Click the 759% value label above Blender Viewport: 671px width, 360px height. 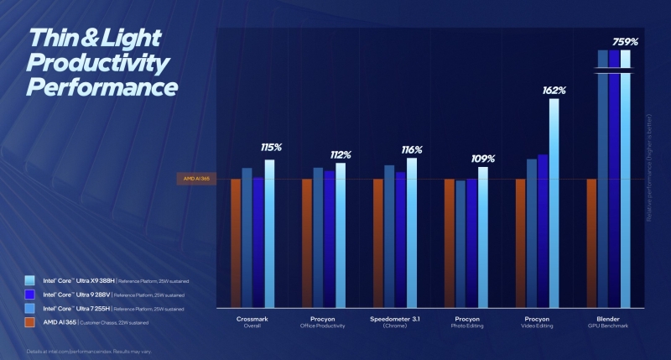pos(625,40)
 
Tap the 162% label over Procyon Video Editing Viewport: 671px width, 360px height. pos(554,90)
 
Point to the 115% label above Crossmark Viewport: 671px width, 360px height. pos(270,148)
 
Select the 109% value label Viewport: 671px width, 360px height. pos(483,157)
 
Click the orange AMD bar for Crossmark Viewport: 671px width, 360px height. pos(236,243)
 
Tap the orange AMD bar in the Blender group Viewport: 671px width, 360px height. pos(591,243)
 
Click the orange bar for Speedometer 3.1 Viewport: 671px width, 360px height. pos(378,243)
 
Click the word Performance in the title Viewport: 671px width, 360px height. pos(102,87)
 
